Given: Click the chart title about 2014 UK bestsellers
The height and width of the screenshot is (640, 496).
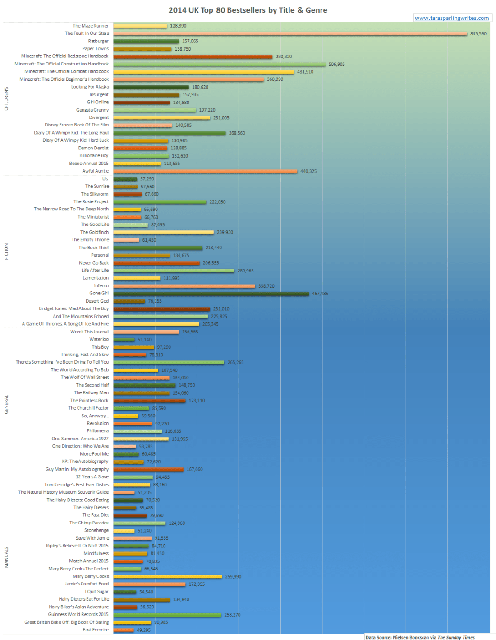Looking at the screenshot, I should pyautogui.click(x=248, y=10).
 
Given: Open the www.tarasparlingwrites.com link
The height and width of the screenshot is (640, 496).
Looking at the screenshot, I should pyautogui.click(x=451, y=18).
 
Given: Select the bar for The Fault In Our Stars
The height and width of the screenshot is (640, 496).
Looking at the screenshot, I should pyautogui.click(x=290, y=34).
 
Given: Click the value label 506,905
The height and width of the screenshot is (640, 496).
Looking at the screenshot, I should pyautogui.click(x=336, y=65).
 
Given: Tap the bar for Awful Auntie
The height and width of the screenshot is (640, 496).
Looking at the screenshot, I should pyautogui.click(x=205, y=171).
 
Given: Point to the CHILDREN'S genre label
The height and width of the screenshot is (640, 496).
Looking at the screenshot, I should pyautogui.click(x=6, y=99).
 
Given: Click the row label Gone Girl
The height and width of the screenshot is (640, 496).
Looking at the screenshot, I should pyautogui.click(x=99, y=294).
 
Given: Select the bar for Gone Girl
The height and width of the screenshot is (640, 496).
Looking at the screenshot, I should pyautogui.click(x=211, y=294).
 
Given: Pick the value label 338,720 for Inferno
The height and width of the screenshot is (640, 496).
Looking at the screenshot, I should pyautogui.click(x=266, y=286).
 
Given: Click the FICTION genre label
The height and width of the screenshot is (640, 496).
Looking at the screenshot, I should pyautogui.click(x=6, y=252).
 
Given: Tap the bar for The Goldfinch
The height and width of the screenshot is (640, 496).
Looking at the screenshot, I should pyautogui.click(x=163, y=233).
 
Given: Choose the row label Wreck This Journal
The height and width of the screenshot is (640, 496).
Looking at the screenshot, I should pyautogui.click(x=89, y=332).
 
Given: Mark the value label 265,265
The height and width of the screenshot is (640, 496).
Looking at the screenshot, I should pyautogui.click(x=235, y=363).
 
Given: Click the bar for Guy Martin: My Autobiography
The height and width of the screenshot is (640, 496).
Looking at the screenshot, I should pyautogui.click(x=148, y=470).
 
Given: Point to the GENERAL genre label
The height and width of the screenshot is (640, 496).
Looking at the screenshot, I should pyautogui.click(x=6, y=405).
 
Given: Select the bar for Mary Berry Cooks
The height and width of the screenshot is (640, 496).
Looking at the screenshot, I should pyautogui.click(x=168, y=577).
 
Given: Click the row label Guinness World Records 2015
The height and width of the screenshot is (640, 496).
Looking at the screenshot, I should pyautogui.click(x=78, y=615).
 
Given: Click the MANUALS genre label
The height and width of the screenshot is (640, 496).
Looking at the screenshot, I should pyautogui.click(x=6, y=557).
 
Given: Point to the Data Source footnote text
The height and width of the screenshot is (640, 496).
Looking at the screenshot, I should pyautogui.click(x=420, y=638).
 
